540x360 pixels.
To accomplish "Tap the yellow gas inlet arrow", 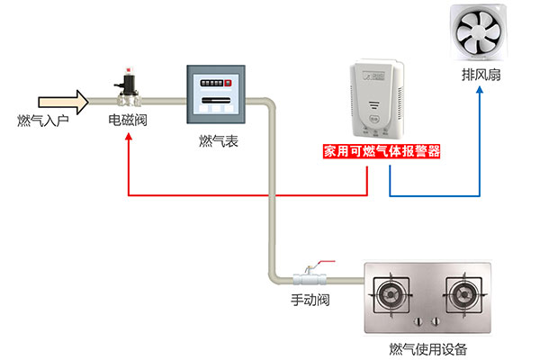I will pyautogui.click(x=64, y=100).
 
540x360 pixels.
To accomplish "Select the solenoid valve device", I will pyautogui.click(x=129, y=88).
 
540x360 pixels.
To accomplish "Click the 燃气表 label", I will pyautogui.click(x=218, y=141).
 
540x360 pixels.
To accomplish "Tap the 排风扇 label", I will pyautogui.click(x=476, y=76).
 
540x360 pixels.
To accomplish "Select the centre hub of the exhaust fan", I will pyautogui.click(x=476, y=34).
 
